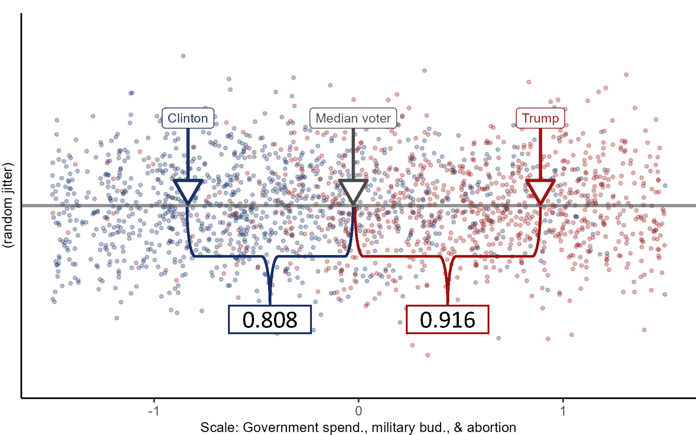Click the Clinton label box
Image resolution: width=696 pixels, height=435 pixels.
pyautogui.click(x=188, y=118)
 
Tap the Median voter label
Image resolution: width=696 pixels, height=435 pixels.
pyautogui.click(x=353, y=118)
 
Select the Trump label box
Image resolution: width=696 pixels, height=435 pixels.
pyautogui.click(x=540, y=118)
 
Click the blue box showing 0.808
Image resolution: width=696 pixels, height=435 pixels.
pyautogui.click(x=270, y=319)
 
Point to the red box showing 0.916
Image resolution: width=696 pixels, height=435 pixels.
pyautogui.click(x=447, y=319)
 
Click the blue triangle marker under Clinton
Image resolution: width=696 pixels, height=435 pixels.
pyautogui.click(x=188, y=190)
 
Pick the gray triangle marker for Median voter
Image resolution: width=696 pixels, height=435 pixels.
pyautogui.click(x=353, y=190)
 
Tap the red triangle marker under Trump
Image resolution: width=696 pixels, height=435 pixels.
pyautogui.click(x=540, y=190)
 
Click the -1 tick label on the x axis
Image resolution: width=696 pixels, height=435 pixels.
pyautogui.click(x=154, y=411)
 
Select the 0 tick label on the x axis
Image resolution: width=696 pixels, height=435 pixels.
pyautogui.click(x=358, y=411)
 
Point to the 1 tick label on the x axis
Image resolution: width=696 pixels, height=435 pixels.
pyautogui.click(x=563, y=411)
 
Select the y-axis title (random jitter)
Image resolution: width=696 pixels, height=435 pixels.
pyautogui.click(x=8, y=205)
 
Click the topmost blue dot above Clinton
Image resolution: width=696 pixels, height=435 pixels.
pyautogui.click(x=183, y=56)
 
